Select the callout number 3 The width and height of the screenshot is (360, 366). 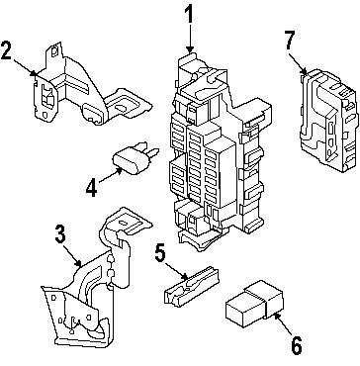click(60, 235)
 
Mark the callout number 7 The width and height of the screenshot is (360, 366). click(289, 43)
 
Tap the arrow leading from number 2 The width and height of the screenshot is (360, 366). click(27, 67)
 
